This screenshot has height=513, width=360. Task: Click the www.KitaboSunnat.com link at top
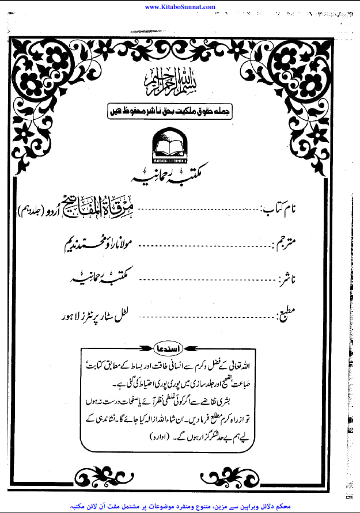pyautogui.click(x=180, y=7)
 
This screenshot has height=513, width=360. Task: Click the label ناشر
pyautogui.click(x=291, y=280)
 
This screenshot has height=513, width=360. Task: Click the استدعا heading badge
pyautogui.click(x=180, y=349)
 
